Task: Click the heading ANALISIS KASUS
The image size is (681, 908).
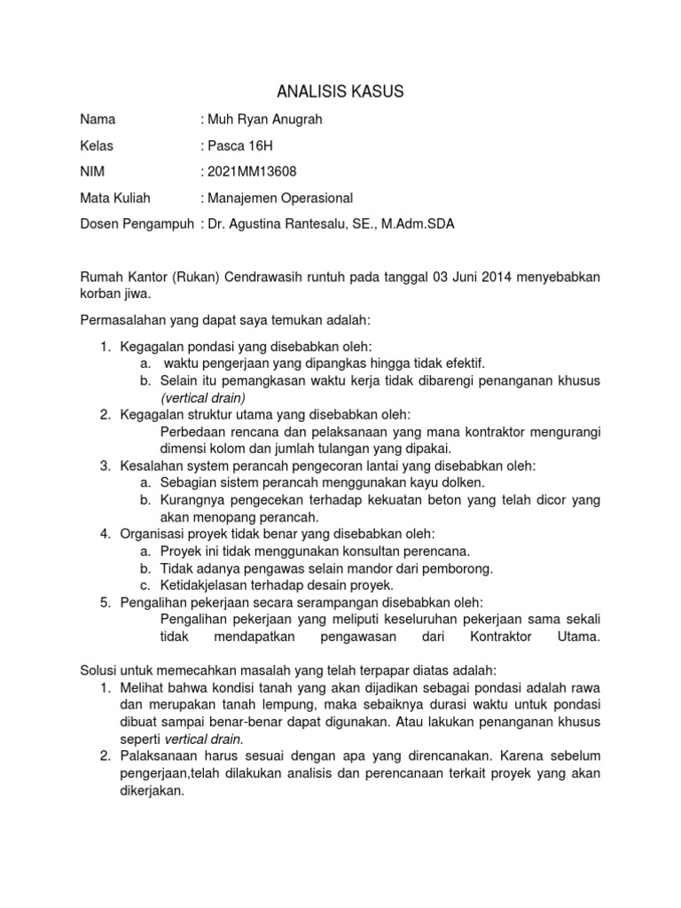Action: pos(340,91)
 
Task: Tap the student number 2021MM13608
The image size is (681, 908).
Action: pos(252,172)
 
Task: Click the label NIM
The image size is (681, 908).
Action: pos(92,172)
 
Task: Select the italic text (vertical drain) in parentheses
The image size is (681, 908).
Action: pos(203,397)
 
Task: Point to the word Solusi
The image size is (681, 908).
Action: pos(99,670)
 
